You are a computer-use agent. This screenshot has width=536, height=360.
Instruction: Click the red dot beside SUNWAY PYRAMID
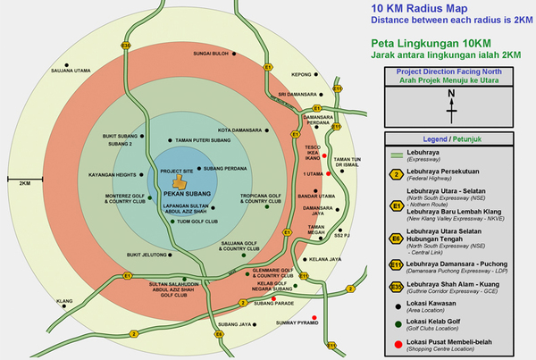pos(315,319)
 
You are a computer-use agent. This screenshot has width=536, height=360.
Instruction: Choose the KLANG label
pos(63,302)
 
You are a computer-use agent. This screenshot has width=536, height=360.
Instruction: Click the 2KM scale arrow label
pos(24,182)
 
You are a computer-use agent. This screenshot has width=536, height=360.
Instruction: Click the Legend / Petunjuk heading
pos(453,139)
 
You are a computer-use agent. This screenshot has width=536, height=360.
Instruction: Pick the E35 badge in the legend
pos(396,285)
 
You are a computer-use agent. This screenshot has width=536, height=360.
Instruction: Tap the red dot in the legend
pos(395,344)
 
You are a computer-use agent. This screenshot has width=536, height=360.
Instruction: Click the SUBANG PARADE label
pos(272,303)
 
